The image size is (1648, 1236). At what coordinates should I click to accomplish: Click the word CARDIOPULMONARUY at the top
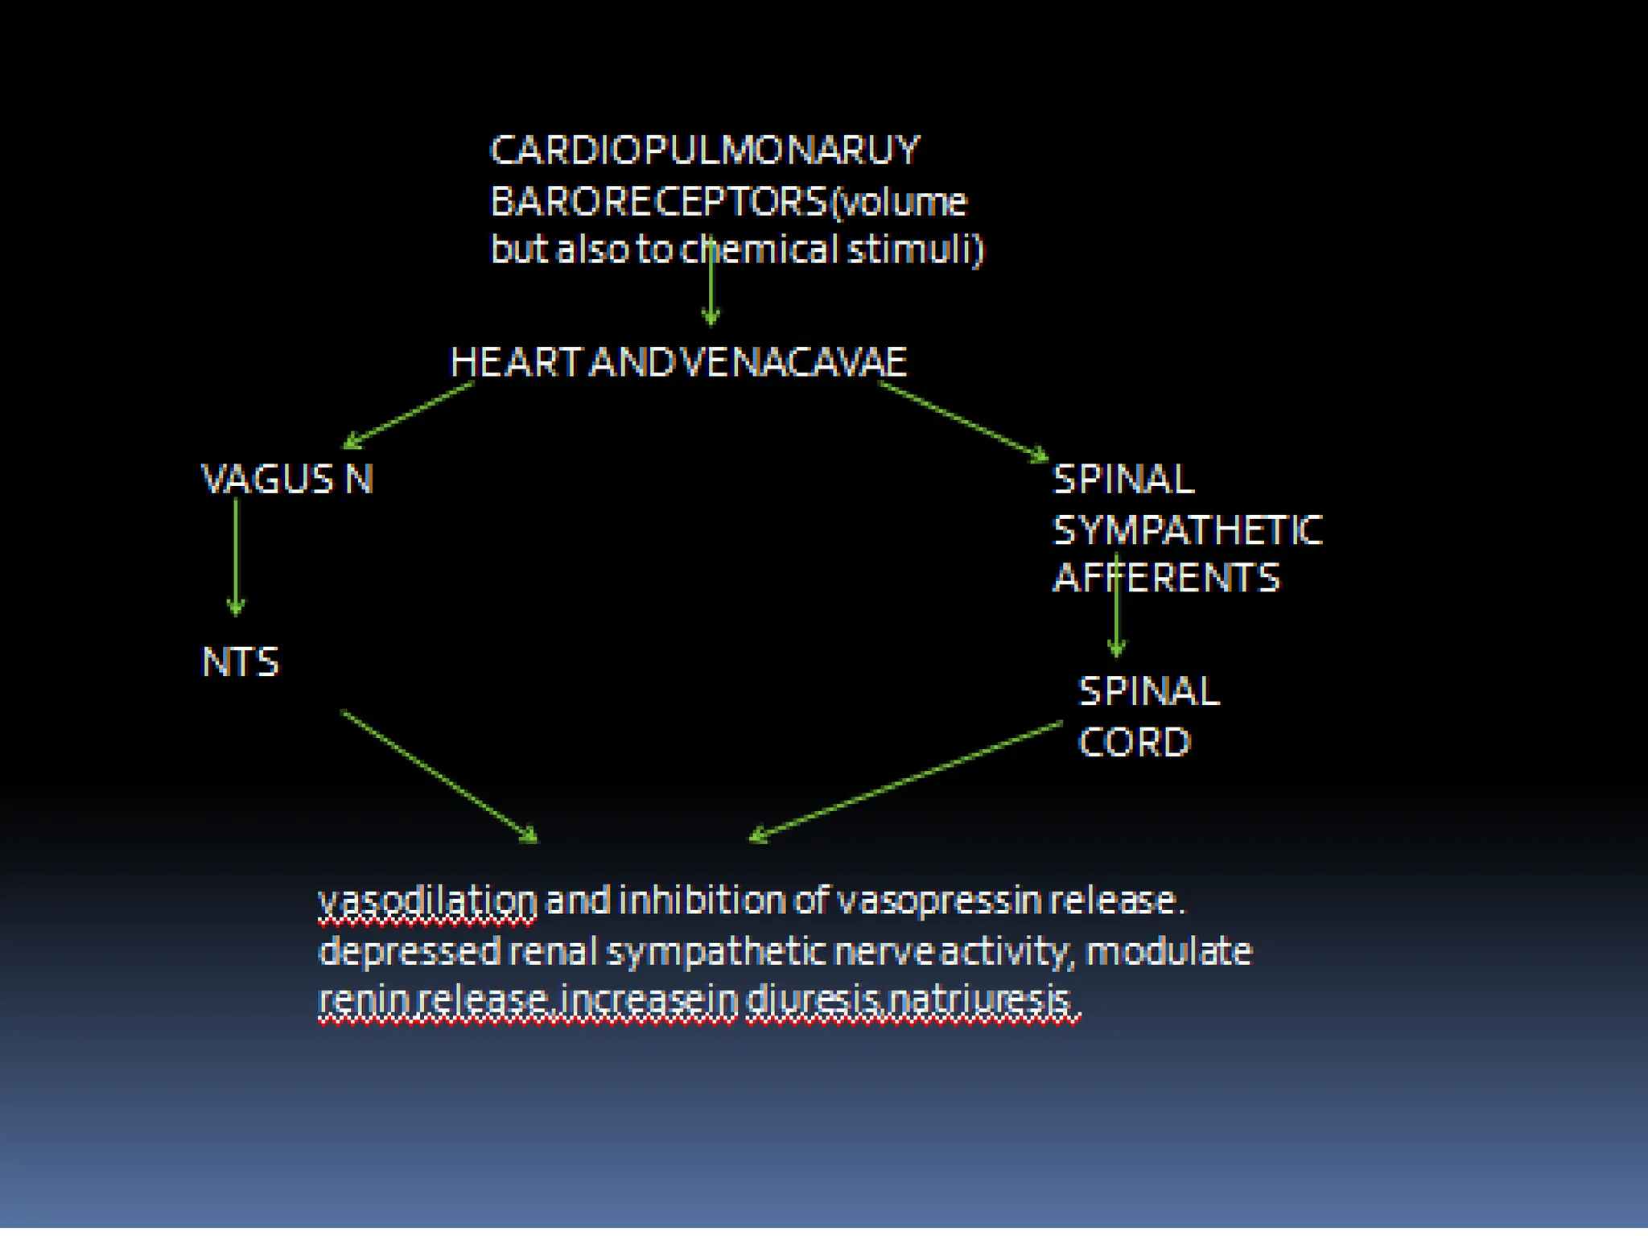(704, 150)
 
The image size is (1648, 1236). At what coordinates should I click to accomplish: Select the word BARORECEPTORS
(658, 201)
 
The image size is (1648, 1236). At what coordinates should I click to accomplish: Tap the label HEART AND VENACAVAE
(678, 362)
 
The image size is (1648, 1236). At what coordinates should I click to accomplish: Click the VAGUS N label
(286, 480)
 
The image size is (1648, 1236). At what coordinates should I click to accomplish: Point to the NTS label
(240, 662)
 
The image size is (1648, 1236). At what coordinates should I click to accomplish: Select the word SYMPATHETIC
(1187, 530)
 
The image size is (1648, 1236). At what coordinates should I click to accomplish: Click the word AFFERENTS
(1166, 578)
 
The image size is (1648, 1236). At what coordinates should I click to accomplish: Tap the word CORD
(1134, 742)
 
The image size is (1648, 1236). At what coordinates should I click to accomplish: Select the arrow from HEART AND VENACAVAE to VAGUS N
(409, 415)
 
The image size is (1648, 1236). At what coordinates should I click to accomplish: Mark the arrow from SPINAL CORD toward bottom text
(905, 781)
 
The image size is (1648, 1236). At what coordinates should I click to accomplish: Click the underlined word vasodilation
(427, 900)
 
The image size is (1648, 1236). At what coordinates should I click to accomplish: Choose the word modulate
(1168, 951)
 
